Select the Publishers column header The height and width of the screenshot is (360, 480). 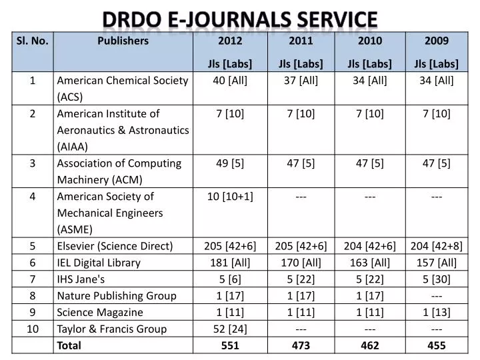[123, 41]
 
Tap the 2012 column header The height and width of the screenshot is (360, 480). [230, 41]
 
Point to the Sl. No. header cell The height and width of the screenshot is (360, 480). [32, 41]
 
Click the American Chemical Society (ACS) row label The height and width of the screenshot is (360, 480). [123, 89]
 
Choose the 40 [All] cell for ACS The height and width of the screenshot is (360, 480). [230, 81]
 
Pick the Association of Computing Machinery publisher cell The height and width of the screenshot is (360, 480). [119, 171]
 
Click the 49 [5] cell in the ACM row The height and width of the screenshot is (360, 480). [230, 163]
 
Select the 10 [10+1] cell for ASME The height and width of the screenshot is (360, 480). [230, 197]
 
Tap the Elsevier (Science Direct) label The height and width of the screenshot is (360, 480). [115, 246]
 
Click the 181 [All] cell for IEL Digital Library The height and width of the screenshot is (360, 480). [230, 263]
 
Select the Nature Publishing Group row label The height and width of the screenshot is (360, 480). [117, 296]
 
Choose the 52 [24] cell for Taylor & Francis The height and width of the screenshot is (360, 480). [230, 329]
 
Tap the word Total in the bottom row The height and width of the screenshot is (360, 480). [69, 346]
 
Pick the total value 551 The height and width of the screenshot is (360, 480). [230, 346]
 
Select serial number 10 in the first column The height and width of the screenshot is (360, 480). [32, 329]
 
